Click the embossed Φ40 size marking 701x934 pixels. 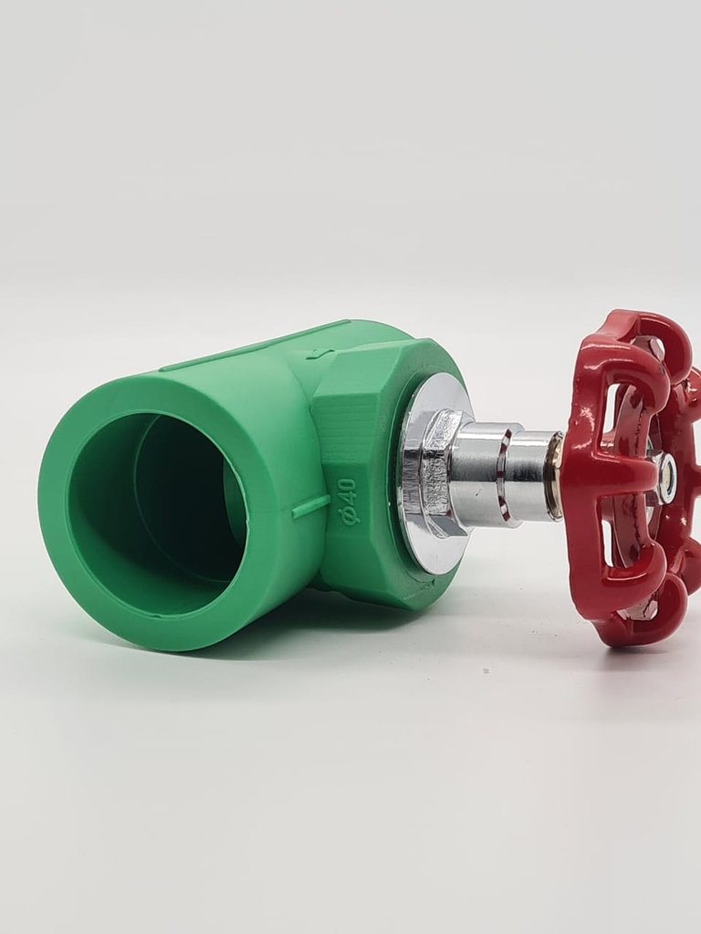(x=348, y=501)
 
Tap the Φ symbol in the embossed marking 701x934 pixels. (x=348, y=516)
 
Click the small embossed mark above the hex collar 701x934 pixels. (x=314, y=354)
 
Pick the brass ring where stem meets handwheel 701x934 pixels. (x=554, y=475)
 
